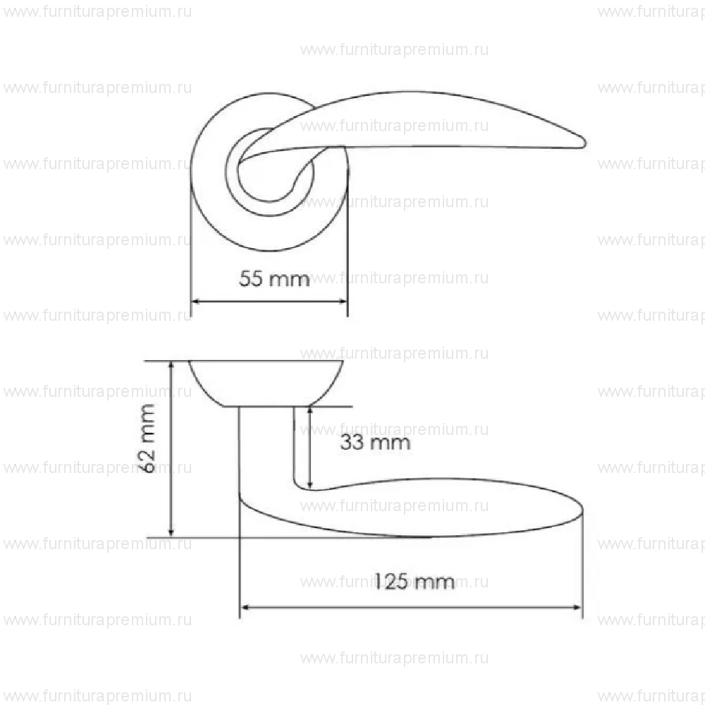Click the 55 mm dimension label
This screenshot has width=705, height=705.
coord(274,278)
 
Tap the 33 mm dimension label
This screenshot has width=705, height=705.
coord(375,443)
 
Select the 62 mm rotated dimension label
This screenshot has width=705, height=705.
coord(147,439)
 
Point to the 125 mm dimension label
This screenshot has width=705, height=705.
coord(414,582)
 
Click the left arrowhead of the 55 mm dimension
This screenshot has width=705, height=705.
coord(195,301)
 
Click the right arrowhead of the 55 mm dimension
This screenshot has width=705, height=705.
coord(343,301)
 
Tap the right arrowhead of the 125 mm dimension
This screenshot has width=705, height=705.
coord(578,608)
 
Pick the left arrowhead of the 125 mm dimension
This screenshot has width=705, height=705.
coord(245,608)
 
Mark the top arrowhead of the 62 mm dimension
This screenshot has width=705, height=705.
coord(171,364)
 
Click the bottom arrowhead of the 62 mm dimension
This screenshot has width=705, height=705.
coord(171,533)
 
